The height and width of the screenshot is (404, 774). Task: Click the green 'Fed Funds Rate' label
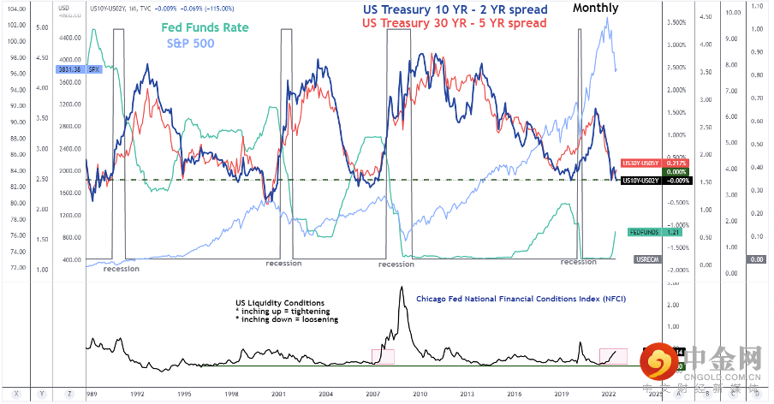pyautogui.click(x=205, y=27)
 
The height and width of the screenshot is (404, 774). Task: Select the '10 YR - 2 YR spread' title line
pyautogui.click(x=455, y=9)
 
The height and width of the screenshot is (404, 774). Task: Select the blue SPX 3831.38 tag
pyautogui.click(x=93, y=70)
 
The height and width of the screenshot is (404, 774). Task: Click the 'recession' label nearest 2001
pyautogui.click(x=283, y=263)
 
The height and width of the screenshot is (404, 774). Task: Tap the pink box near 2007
pyautogui.click(x=382, y=354)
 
